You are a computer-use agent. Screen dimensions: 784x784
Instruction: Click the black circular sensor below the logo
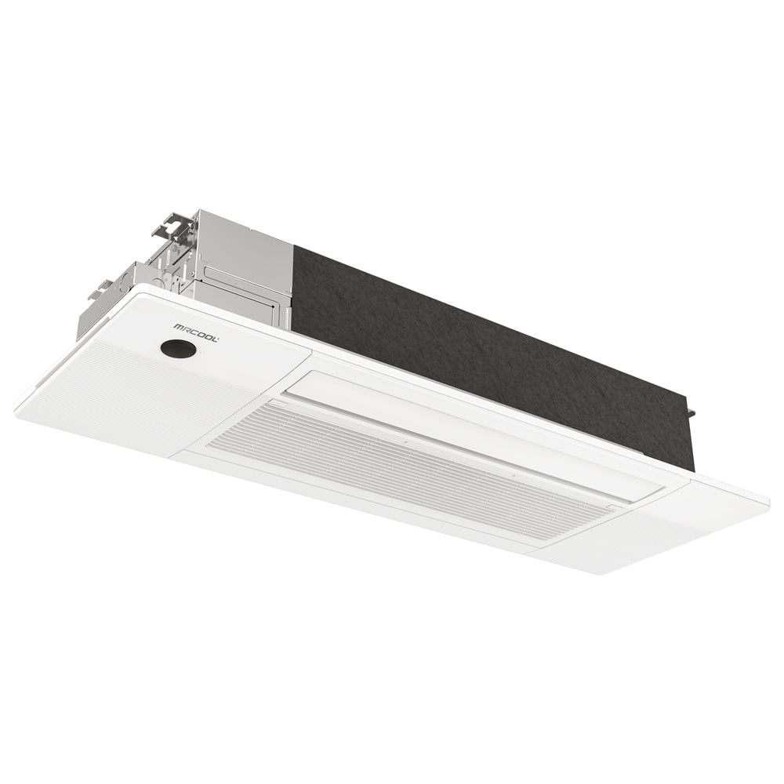click(x=178, y=350)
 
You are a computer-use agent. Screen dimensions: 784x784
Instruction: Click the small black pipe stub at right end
click(x=690, y=408)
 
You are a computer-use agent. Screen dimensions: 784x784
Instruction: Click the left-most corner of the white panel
click(x=17, y=408)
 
